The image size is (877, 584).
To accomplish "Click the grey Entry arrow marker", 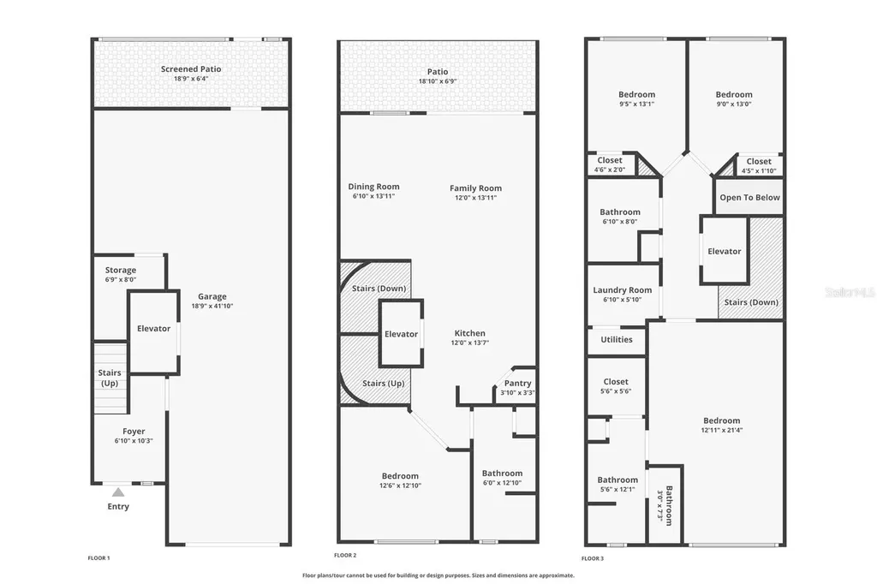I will pos(118,492).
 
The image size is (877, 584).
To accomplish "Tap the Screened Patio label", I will pos(191,69).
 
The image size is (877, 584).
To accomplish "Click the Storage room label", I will pos(121,271).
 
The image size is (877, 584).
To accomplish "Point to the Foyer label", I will pos(134,432).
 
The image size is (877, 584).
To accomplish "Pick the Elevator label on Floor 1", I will pos(154,329).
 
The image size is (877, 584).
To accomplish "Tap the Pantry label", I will pos(517,384).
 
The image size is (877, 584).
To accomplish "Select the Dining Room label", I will pos(373,187).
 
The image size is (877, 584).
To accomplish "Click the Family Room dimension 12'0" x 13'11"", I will pos(476,198).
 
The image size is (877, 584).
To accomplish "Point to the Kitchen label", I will pos(469,333).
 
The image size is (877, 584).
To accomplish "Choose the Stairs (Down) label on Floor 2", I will pos(379,289).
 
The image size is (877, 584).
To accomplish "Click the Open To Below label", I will pos(749,197).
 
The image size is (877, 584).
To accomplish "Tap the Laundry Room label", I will pos(623,290).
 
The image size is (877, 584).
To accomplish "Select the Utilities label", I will pos(617,339).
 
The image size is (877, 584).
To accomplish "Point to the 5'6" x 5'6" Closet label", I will pos(616,382).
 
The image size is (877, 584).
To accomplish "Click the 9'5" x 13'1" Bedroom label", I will pos(636,94).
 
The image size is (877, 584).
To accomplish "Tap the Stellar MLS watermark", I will pos(850,292).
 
